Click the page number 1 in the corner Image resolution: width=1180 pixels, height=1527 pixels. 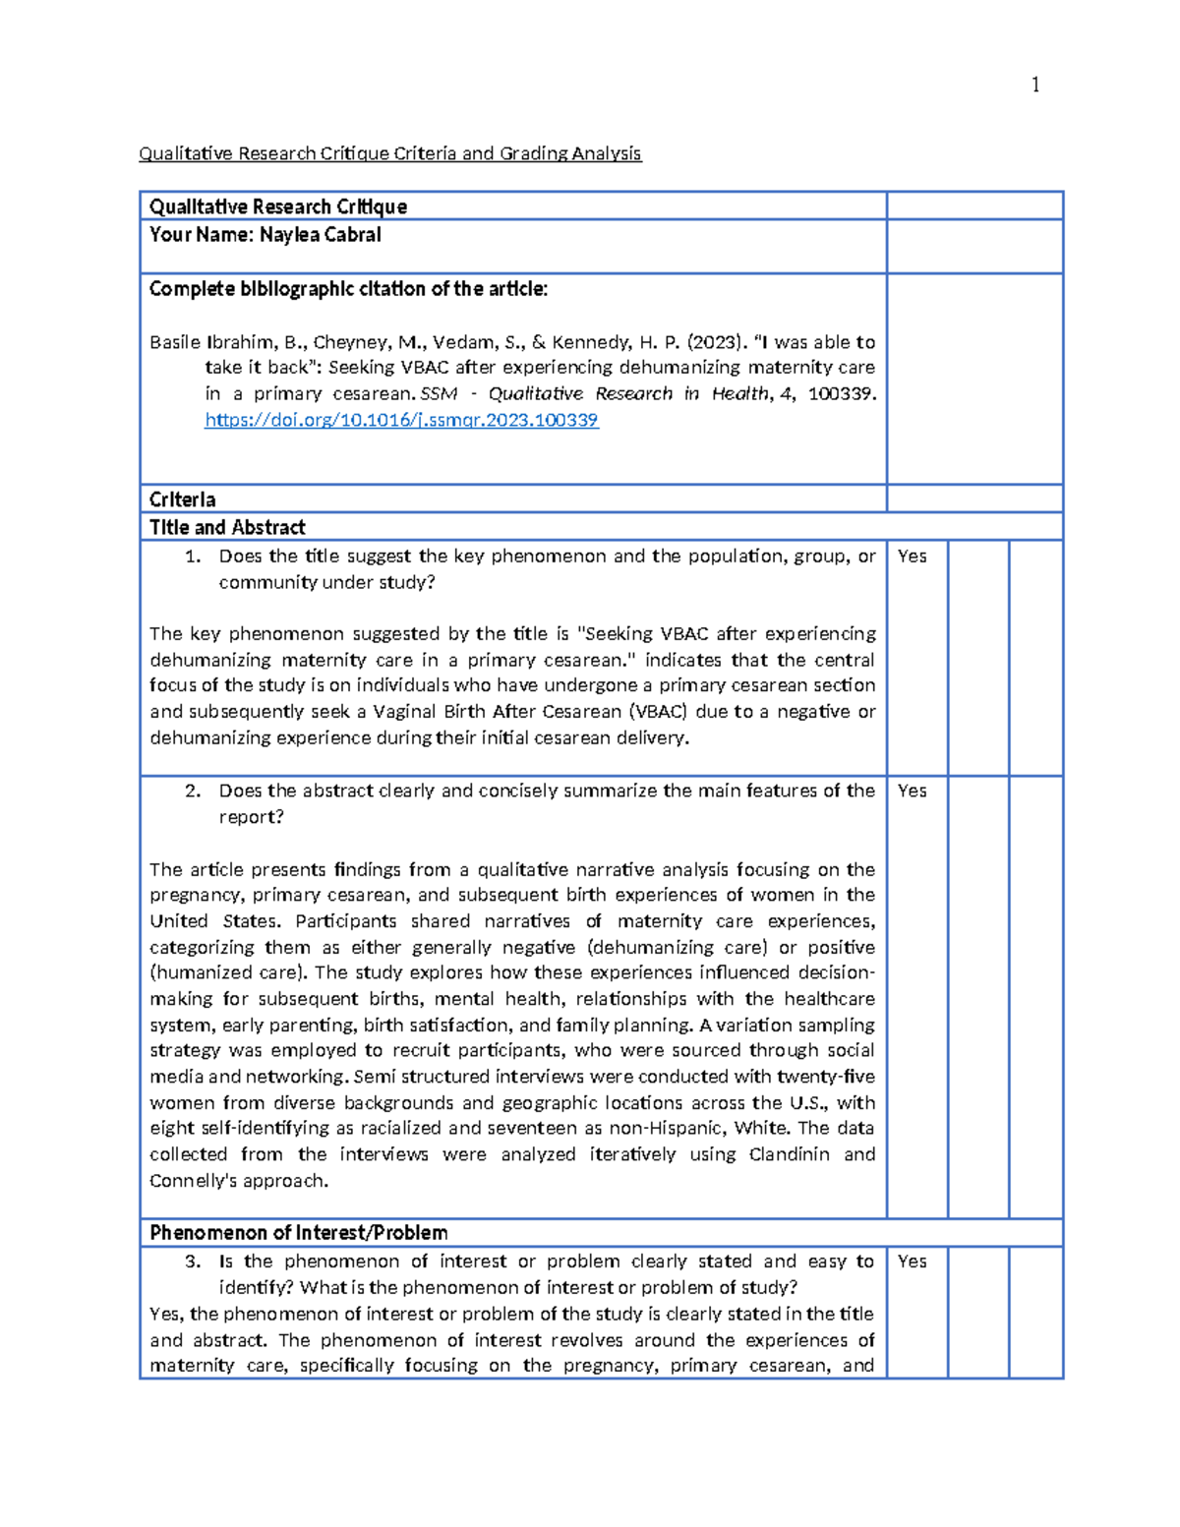(x=1034, y=86)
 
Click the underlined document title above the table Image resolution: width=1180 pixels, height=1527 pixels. (x=389, y=153)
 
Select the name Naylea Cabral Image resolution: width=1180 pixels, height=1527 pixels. (x=320, y=235)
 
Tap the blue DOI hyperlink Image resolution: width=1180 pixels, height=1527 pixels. (x=401, y=420)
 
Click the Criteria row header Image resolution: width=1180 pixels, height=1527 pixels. (x=182, y=499)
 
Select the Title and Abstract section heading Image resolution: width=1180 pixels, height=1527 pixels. (x=227, y=527)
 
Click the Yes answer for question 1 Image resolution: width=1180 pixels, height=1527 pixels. (x=912, y=557)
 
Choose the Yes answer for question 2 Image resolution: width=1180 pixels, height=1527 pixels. (x=912, y=791)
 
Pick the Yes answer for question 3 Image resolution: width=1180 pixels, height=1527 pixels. (x=912, y=1262)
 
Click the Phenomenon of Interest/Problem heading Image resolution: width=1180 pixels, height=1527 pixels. (x=298, y=1233)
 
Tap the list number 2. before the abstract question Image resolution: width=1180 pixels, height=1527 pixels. (x=193, y=791)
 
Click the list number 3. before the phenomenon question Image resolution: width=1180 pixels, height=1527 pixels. (x=193, y=1262)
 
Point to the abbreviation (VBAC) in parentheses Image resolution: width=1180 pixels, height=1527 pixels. (x=658, y=711)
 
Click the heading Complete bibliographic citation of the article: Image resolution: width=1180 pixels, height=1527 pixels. (x=348, y=289)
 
